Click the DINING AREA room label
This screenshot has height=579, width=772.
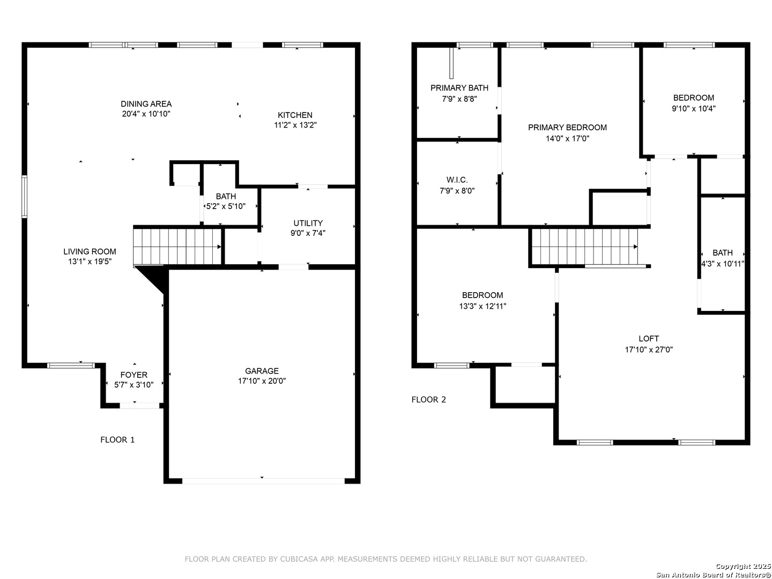pyautogui.click(x=146, y=104)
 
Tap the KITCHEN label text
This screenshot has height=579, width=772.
pyautogui.click(x=295, y=115)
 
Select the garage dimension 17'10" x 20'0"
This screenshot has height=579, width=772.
pyautogui.click(x=262, y=381)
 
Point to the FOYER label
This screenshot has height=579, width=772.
pyautogui.click(x=133, y=375)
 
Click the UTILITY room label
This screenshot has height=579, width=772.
pyautogui.click(x=308, y=223)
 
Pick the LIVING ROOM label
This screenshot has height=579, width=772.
pyautogui.click(x=90, y=252)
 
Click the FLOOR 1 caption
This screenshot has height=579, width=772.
pyautogui.click(x=117, y=440)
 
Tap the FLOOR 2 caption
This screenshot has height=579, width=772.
pyautogui.click(x=429, y=400)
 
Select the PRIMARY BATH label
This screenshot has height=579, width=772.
pyautogui.click(x=459, y=88)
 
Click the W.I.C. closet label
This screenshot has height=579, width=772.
pyautogui.click(x=457, y=180)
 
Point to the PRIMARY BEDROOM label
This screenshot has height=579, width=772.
pyautogui.click(x=567, y=128)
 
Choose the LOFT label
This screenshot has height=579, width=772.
pyautogui.click(x=649, y=338)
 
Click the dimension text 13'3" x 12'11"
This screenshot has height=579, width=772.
pyautogui.click(x=482, y=306)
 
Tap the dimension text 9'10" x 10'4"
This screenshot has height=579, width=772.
pyautogui.click(x=694, y=109)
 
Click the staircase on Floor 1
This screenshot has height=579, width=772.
pyautogui.click(x=177, y=247)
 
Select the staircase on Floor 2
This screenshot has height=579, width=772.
pyautogui.click(x=584, y=247)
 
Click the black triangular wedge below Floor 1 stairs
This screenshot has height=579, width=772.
pyautogui.click(x=155, y=276)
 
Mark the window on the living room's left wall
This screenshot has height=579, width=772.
pyautogui.click(x=24, y=197)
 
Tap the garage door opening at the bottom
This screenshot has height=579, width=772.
pyautogui.click(x=263, y=481)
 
